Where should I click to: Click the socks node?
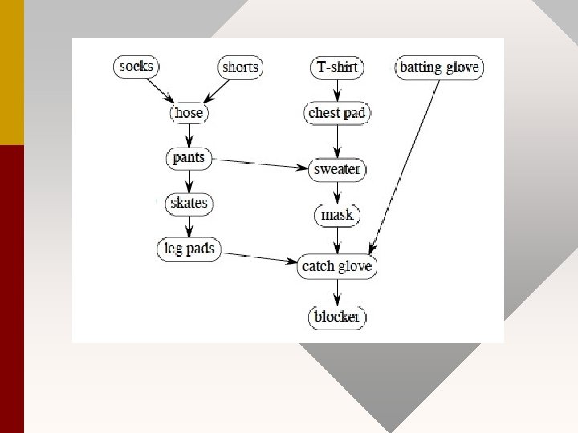(135, 67)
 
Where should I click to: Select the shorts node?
(240, 67)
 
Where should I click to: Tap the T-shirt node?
(337, 67)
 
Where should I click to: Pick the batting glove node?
(439, 67)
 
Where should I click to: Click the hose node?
(189, 113)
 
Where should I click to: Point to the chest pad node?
(337, 113)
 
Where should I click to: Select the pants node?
(189, 158)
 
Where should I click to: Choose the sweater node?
(337, 170)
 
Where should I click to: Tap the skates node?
(189, 203)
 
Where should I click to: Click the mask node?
(337, 215)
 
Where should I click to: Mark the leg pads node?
(189, 249)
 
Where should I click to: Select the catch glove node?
(337, 265)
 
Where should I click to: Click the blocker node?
(337, 317)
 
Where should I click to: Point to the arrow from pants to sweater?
(262, 164)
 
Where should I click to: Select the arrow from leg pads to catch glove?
(258, 257)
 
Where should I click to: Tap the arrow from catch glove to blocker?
(337, 291)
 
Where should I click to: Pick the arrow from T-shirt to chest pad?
(337, 90)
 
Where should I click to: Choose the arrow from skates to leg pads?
(189, 225)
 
